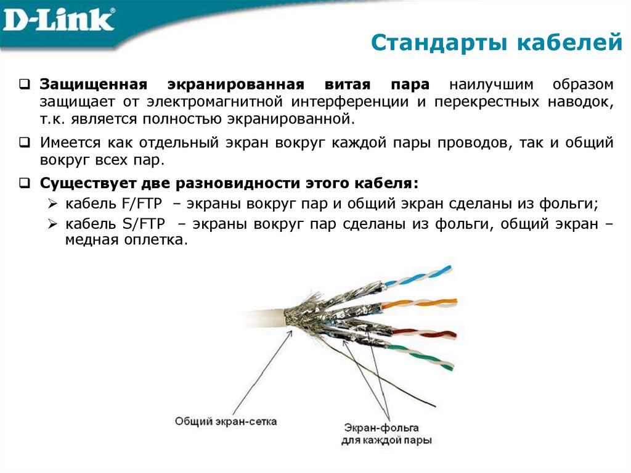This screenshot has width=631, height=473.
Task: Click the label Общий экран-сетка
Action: click(x=226, y=422)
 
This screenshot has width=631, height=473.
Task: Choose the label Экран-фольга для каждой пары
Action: click(x=386, y=434)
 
